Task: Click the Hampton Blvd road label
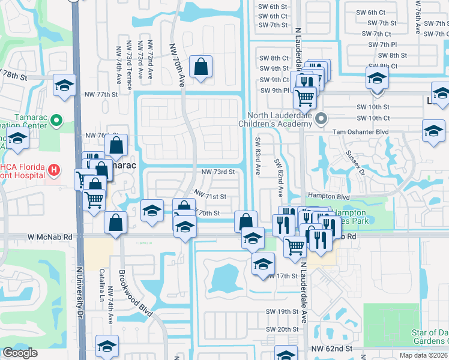pyautogui.click(x=328, y=196)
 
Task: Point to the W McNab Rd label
pyautogui.click(x=50, y=237)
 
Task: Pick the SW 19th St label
pyautogui.click(x=282, y=312)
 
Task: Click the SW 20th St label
pyautogui.click(x=282, y=329)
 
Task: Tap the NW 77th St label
pyautogui.click(x=99, y=94)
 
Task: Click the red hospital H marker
pyautogui.click(x=54, y=170)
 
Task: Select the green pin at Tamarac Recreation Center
pyautogui.click(x=57, y=121)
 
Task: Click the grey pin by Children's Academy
pyautogui.click(x=322, y=118)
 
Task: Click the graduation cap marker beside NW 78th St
pyautogui.click(x=64, y=85)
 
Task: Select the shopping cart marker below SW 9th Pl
pyautogui.click(x=305, y=97)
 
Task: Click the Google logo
pyautogui.click(x=20, y=353)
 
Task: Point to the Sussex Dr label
pyautogui.click(x=355, y=161)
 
